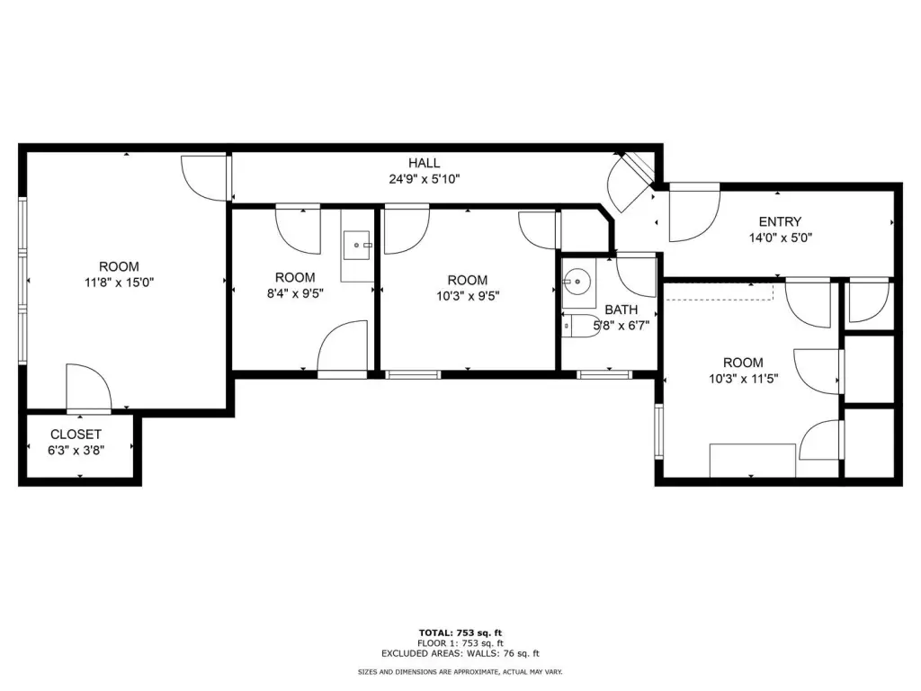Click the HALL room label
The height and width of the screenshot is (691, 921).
425,164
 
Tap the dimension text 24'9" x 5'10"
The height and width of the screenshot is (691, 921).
425,179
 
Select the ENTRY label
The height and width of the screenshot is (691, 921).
780,222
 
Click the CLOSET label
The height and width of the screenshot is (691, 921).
76,435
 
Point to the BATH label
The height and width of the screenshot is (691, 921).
621,310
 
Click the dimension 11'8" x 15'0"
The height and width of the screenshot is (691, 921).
120,283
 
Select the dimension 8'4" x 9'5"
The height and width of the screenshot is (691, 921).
295,293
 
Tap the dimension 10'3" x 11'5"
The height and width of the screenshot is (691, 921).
744,379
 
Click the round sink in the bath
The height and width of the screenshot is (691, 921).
578,282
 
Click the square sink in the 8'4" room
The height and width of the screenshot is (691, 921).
357,246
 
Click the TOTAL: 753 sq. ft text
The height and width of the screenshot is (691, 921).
460,633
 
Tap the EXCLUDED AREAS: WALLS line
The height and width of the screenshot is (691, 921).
460,653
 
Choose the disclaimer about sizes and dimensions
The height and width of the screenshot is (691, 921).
460,671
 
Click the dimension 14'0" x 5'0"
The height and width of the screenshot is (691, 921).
780,238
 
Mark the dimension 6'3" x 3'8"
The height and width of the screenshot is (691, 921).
76,451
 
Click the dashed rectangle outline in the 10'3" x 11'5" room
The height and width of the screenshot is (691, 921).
720,292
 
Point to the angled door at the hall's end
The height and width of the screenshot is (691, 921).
630,183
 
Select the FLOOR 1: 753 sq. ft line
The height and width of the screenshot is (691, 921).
460,643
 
